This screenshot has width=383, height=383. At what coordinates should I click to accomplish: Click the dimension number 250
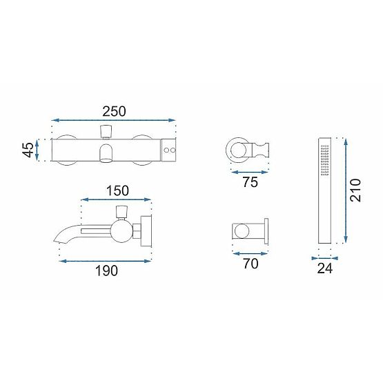coord(114,110)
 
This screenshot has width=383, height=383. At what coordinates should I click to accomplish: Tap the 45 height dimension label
coord(28,150)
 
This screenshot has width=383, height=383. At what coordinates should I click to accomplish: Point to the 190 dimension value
coord(106,271)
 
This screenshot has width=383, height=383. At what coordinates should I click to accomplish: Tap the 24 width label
coord(324,268)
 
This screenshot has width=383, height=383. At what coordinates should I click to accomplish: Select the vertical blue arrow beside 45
coord(46,150)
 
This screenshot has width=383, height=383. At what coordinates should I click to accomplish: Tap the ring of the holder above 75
coord(236,148)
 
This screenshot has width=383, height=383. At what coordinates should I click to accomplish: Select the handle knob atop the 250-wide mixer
coord(106,131)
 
